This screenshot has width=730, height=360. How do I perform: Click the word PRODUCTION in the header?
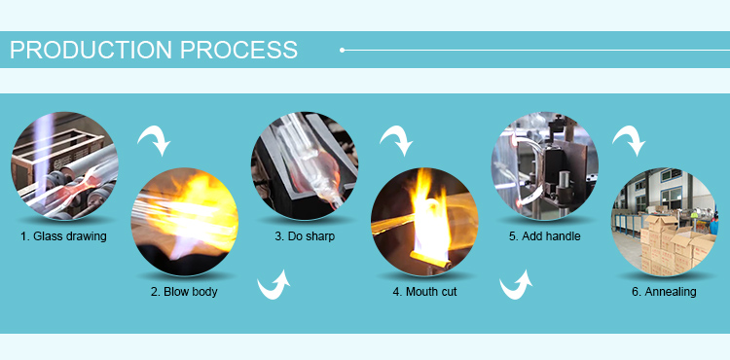[91, 50]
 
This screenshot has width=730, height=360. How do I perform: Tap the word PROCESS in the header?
[238, 50]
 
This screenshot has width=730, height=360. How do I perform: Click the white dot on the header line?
[343, 50]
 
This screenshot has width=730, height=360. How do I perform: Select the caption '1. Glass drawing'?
[63, 236]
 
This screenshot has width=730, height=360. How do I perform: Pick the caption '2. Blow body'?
[184, 292]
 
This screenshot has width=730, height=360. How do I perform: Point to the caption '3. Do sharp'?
[305, 236]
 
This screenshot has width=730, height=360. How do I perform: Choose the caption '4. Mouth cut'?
[424, 292]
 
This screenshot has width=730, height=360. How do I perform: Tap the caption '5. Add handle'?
[545, 236]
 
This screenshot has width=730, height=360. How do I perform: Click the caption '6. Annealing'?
[664, 292]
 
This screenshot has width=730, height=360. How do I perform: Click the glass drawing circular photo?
[64, 165]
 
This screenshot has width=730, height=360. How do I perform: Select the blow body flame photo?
[184, 222]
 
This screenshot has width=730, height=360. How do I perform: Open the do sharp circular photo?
[305, 165]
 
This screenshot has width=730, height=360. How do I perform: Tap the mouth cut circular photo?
[424, 222]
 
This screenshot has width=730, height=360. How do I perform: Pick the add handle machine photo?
[545, 165]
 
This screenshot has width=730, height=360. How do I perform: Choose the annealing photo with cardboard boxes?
[665, 222]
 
